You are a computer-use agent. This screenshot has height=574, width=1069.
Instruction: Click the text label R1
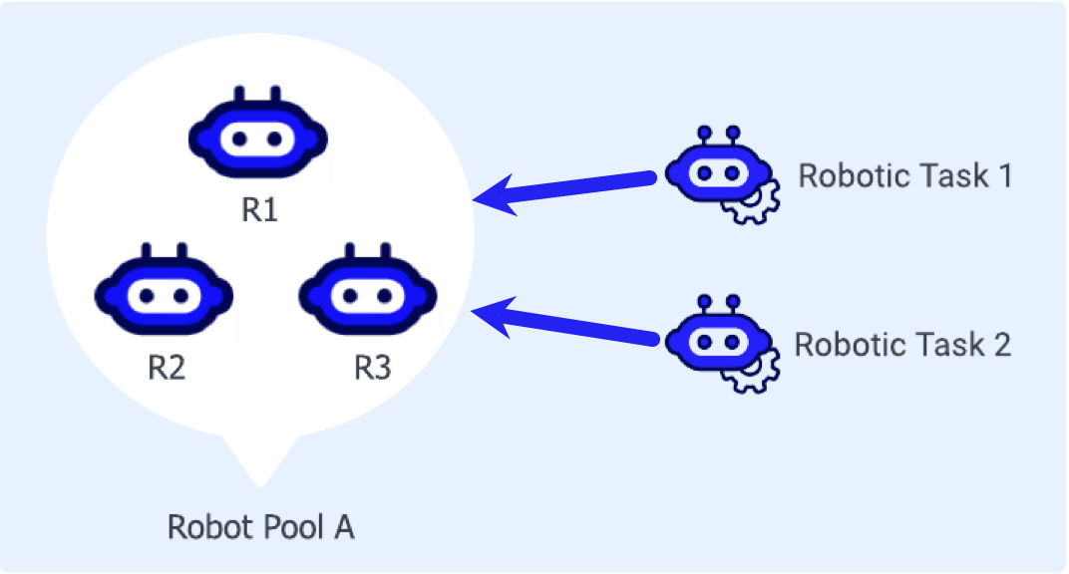(x=259, y=211)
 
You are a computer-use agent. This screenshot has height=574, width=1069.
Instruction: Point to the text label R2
(x=167, y=369)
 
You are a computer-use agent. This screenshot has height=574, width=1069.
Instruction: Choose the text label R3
(x=372, y=369)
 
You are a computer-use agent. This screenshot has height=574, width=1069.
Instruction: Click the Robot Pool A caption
(x=260, y=526)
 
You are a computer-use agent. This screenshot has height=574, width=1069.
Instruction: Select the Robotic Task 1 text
(x=905, y=176)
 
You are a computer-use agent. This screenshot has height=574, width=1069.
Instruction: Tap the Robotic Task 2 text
(x=902, y=345)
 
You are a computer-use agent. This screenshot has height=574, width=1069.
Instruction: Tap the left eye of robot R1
(x=239, y=139)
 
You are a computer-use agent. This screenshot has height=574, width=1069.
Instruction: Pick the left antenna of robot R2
(x=148, y=251)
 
